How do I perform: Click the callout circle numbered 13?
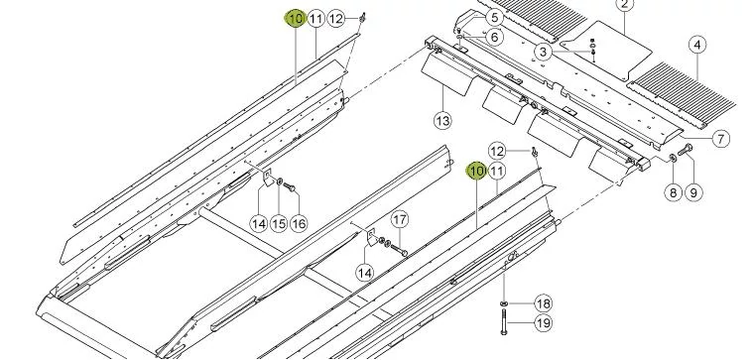click(x=442, y=120)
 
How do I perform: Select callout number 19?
click(x=543, y=322)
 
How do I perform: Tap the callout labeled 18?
click(x=543, y=303)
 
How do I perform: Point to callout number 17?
click(x=400, y=220)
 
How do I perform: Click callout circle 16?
click(x=299, y=223)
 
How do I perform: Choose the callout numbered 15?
click(x=279, y=223)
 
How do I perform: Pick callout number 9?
click(x=693, y=192)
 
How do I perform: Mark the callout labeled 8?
click(x=674, y=192)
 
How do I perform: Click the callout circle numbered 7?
click(x=720, y=139)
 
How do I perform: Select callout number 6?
click(x=494, y=37)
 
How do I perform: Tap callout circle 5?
click(x=494, y=18)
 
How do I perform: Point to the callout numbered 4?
click(x=697, y=45)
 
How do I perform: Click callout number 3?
click(x=543, y=52)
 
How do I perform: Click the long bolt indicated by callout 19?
click(x=504, y=321)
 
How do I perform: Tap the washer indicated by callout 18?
click(x=504, y=303)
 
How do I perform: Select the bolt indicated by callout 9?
click(x=685, y=150)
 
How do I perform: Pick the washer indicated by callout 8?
click(x=672, y=158)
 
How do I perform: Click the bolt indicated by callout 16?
click(x=290, y=187)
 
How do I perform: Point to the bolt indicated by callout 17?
click(x=399, y=250)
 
